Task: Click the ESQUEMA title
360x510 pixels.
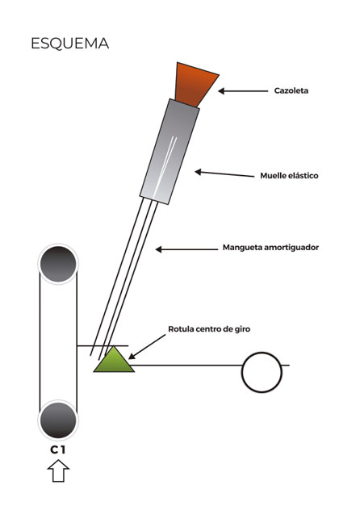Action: coord(69,44)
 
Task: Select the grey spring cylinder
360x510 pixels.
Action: coord(170,152)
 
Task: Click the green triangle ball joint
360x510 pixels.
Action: coord(114,360)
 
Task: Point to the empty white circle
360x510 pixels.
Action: coord(262,372)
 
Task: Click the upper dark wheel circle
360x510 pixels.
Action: coord(58,264)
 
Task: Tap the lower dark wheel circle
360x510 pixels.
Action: coord(58,420)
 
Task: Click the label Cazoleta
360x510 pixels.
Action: coord(291,90)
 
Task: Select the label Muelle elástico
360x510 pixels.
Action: coord(289,176)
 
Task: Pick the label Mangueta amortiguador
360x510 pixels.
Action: coord(270,248)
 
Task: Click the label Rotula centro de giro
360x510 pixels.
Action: coord(209,328)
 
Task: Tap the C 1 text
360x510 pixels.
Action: coord(58,449)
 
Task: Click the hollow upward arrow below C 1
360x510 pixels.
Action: coord(58,470)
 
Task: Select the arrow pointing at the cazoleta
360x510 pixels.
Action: coord(243,91)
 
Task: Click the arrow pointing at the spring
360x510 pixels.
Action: coord(224,174)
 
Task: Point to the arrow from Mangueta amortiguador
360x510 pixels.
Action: coord(186,249)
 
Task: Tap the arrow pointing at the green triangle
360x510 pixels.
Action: coord(147,347)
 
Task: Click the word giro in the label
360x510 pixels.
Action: coord(242,329)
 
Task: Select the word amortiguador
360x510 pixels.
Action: coord(291,248)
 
